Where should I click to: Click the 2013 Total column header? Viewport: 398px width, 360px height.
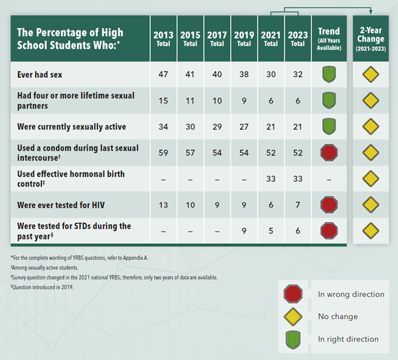pyautogui.click(x=163, y=38)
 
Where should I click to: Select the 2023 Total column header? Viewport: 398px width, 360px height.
pyautogui.click(x=298, y=38)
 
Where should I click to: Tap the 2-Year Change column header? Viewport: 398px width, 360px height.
pyautogui.click(x=371, y=38)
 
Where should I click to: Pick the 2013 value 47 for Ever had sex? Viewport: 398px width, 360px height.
pyautogui.click(x=163, y=75)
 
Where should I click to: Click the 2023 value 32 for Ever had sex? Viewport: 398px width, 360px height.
pyautogui.click(x=298, y=75)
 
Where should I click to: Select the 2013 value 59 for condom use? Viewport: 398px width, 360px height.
pyautogui.click(x=163, y=153)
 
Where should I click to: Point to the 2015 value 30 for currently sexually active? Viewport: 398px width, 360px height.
pyautogui.click(x=190, y=126)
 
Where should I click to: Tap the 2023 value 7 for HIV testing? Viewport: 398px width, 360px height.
pyautogui.click(x=298, y=204)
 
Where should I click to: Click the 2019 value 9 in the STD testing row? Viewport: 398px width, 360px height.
pyautogui.click(x=244, y=231)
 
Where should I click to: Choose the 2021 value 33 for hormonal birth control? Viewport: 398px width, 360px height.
pyautogui.click(x=271, y=179)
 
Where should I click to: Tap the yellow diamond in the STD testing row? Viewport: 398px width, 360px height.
pyautogui.click(x=371, y=230)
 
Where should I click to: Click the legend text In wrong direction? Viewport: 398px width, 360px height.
pyautogui.click(x=351, y=294)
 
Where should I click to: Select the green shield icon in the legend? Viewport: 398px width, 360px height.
pyautogui.click(x=293, y=338)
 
